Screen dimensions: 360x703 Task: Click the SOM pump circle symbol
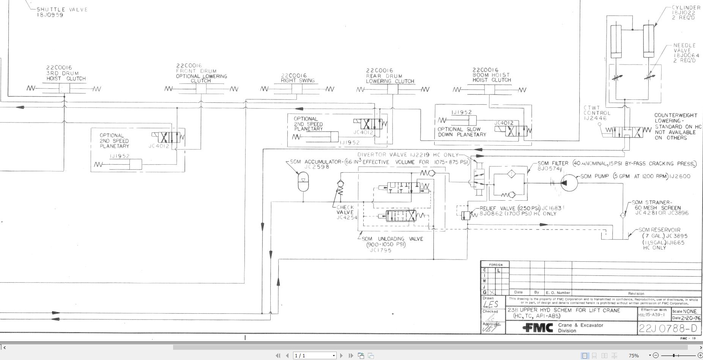coord(569,183)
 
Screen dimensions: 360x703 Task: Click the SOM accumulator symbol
coord(303,181)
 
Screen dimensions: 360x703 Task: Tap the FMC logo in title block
coord(538,328)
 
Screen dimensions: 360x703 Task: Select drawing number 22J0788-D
coord(668,328)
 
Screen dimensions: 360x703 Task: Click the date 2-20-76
coord(690,318)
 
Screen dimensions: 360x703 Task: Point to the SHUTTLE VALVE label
coord(62,9)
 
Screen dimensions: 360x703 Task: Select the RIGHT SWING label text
coord(298,80)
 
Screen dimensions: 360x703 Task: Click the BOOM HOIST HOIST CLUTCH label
coord(492,75)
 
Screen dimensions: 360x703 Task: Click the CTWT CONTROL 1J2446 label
coord(597,113)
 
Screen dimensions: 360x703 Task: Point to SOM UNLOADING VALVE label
coord(392,239)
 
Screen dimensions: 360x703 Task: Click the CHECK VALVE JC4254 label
coord(345,212)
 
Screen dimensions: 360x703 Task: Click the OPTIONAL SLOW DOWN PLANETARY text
coord(462,132)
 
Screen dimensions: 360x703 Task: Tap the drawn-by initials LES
coord(491,304)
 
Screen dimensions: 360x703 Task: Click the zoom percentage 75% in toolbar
coord(633,355)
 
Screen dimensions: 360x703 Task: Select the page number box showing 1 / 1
coord(315,355)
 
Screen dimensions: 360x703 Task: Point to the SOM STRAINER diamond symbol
coord(623,215)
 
